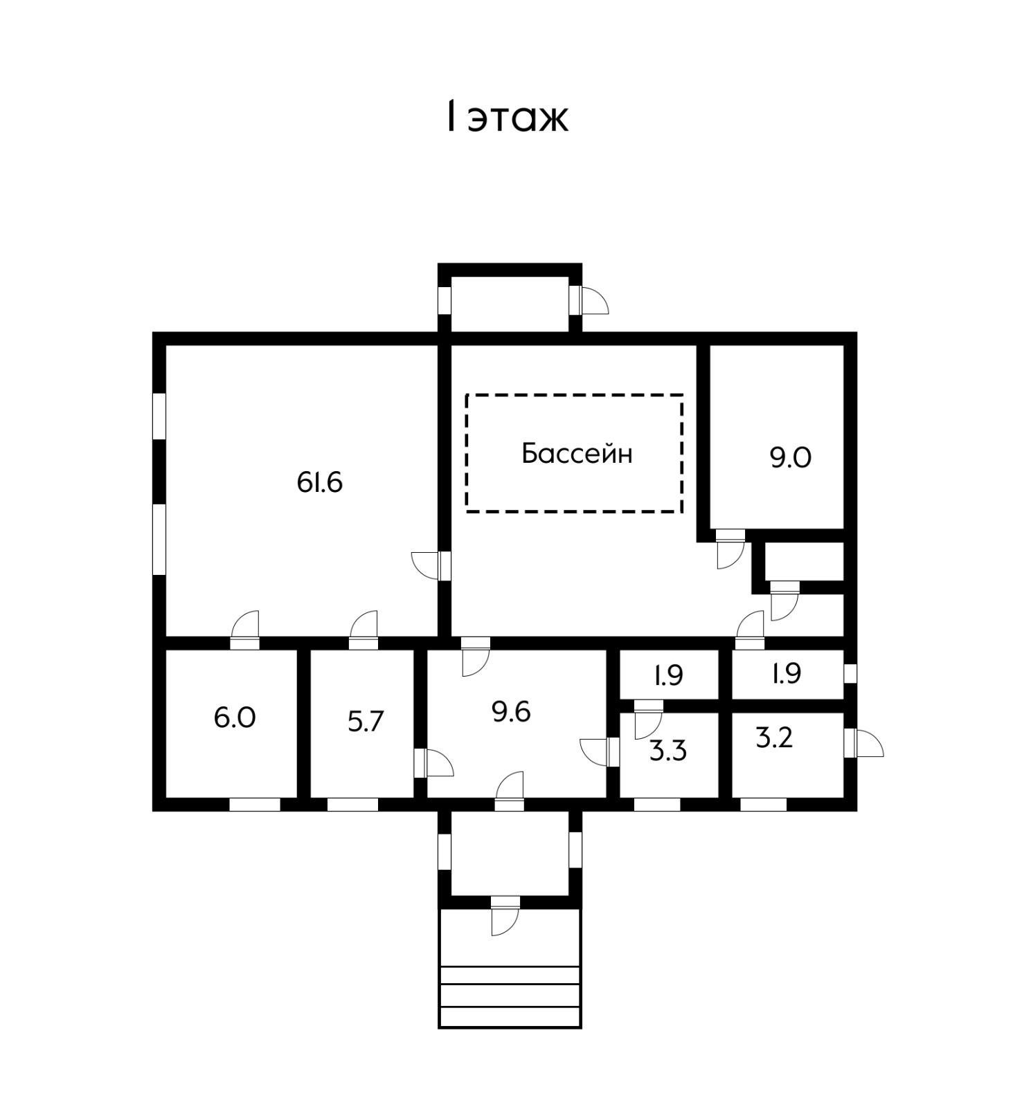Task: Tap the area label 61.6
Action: [x=320, y=482]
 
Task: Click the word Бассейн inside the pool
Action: [x=576, y=454]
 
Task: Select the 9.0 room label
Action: [x=790, y=458]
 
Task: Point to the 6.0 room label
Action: [x=235, y=717]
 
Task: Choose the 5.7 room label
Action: [x=365, y=722]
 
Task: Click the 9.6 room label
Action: [x=511, y=711]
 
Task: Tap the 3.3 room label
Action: [x=668, y=751]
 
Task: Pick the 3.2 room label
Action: [x=774, y=738]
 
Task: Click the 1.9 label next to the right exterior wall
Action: [x=787, y=673]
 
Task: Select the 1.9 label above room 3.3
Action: [x=669, y=675]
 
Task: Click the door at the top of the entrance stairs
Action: [x=505, y=915]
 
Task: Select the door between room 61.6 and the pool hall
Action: [x=432, y=565]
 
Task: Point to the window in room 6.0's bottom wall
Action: [x=254, y=805]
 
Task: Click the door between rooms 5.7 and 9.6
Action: [x=433, y=763]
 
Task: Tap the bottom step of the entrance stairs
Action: [x=510, y=1017]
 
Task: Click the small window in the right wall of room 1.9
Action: [x=850, y=673]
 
